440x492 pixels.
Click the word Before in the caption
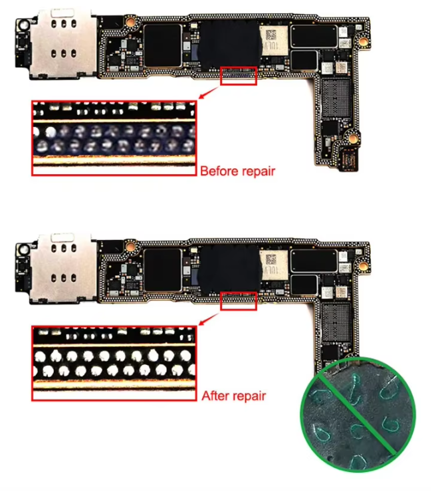[x=219, y=172]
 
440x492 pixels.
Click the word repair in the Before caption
[x=259, y=172]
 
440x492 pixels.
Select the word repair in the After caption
[x=249, y=397]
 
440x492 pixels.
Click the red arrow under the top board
[x=209, y=93]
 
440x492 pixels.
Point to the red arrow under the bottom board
[x=209, y=318]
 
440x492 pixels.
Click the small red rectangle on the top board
[x=239, y=76]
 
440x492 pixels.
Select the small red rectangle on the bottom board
[x=239, y=301]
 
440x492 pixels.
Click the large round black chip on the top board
[x=231, y=45]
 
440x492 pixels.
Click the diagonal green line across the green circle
[x=357, y=414]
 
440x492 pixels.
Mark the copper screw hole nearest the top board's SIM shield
[x=130, y=22]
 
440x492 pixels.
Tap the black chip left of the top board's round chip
[x=162, y=45]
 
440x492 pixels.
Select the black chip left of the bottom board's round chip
[x=162, y=271]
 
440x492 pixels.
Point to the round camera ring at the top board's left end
[x=23, y=25]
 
